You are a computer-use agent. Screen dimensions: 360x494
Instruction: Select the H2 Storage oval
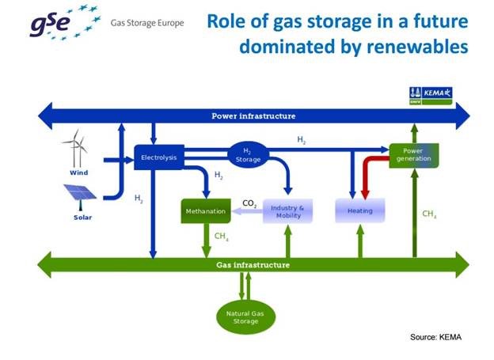coord(249,155)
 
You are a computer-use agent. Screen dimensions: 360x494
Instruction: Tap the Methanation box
coord(205,211)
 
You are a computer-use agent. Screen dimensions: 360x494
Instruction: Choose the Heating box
coord(359,211)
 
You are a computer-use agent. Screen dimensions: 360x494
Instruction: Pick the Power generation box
coord(413,154)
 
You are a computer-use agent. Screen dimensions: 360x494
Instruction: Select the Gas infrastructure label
coord(253,263)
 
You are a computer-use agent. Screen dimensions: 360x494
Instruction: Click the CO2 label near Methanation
coord(248,204)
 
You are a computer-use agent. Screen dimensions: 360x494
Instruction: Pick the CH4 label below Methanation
coord(221,235)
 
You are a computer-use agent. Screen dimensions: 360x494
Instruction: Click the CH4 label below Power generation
coord(429,214)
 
